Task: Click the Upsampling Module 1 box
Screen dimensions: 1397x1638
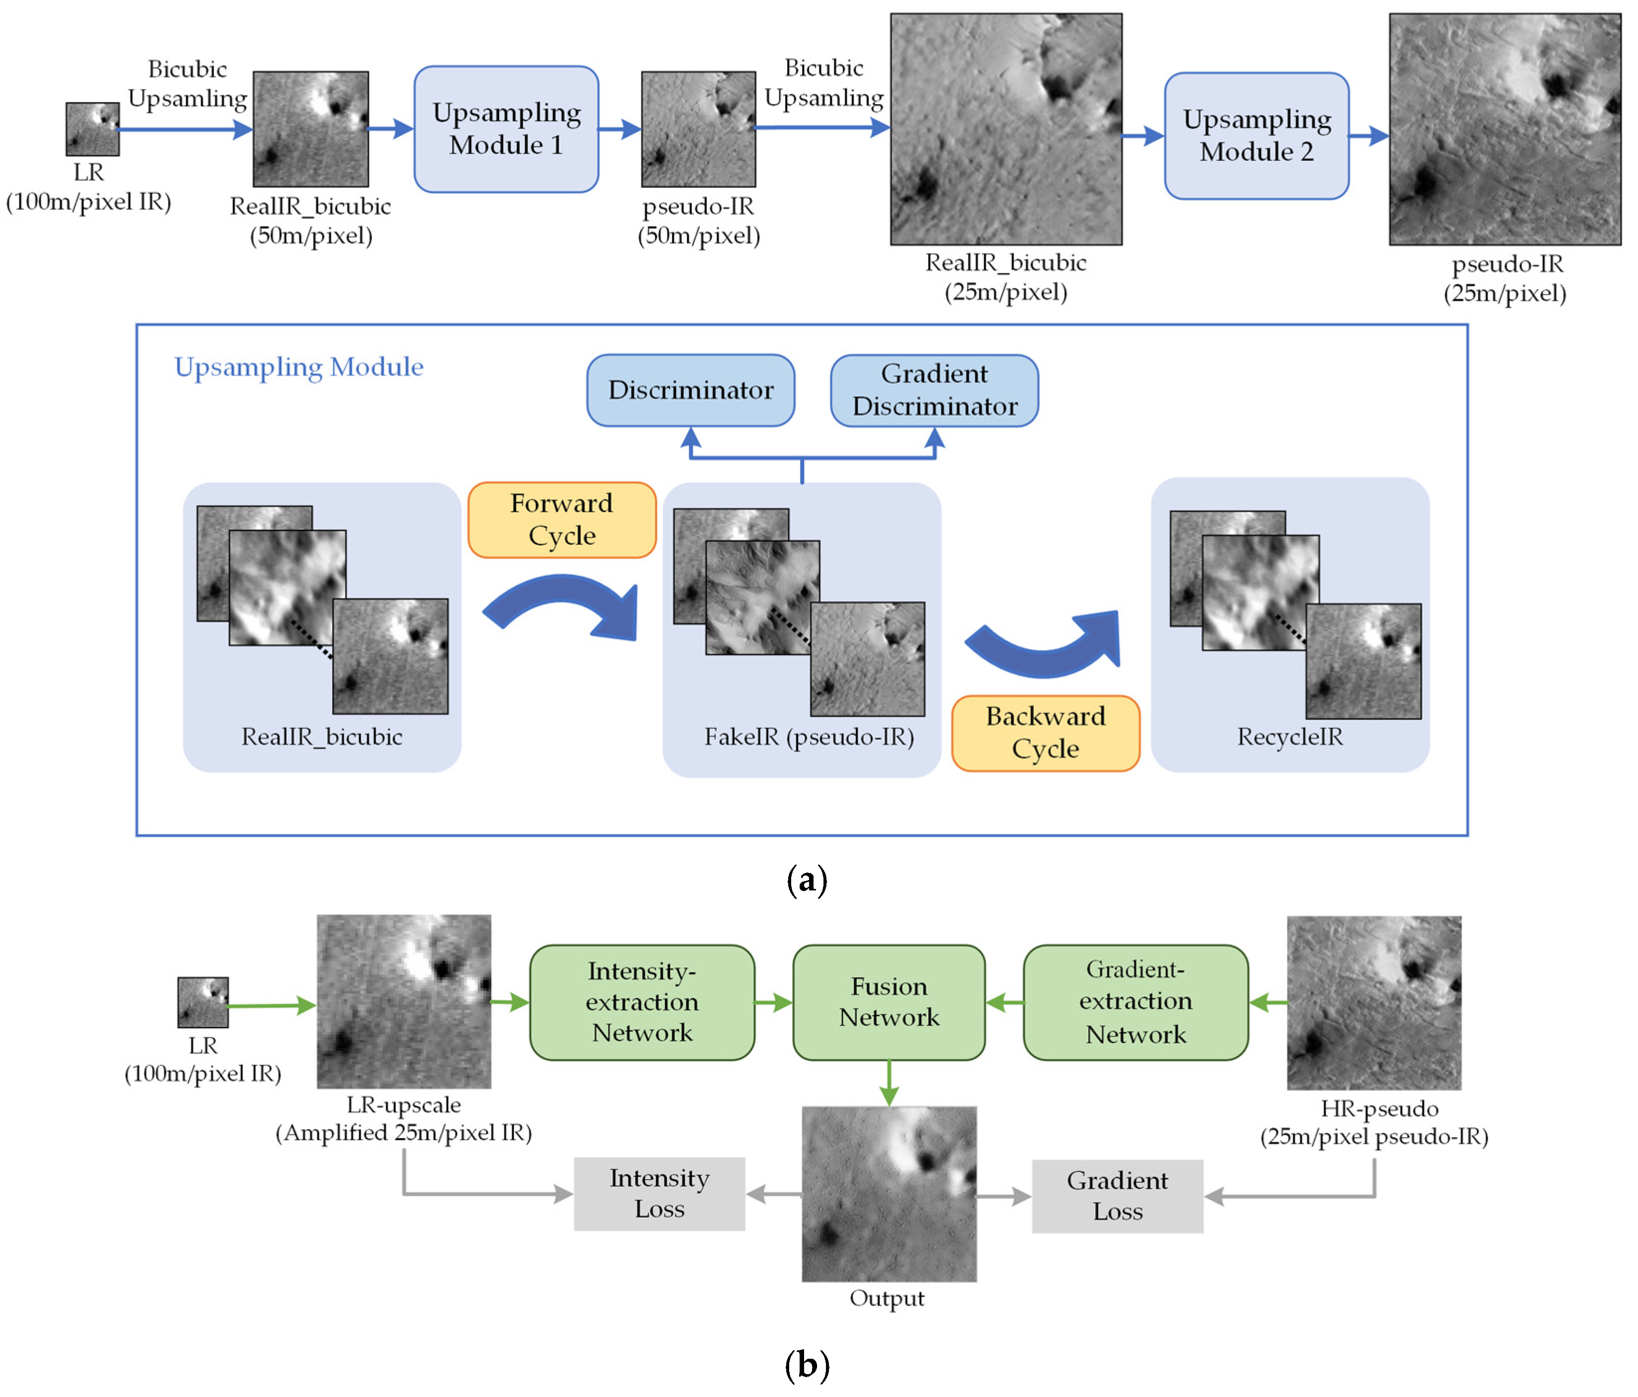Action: [x=506, y=129]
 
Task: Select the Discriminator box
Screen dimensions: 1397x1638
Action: [x=690, y=390]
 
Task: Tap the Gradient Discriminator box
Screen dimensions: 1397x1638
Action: [x=934, y=390]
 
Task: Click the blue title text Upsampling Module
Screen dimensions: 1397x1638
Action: [x=299, y=367]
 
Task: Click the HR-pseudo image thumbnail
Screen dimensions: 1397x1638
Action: [x=1373, y=1003]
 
